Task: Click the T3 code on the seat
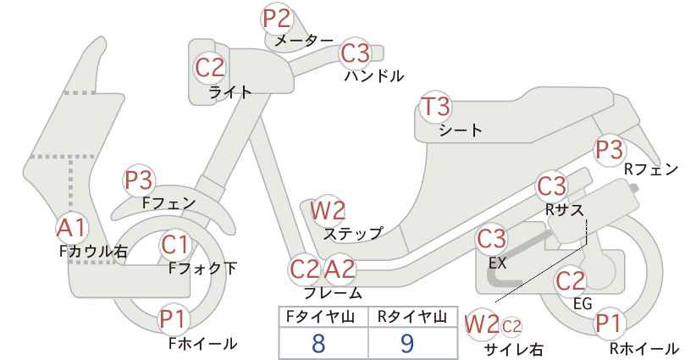[x=436, y=109]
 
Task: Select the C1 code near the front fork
[x=175, y=246]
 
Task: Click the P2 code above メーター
[x=277, y=18]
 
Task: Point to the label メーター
[x=305, y=40]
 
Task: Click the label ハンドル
[x=373, y=75]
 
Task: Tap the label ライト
[x=229, y=92]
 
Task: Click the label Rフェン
[x=651, y=169]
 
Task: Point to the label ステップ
[x=353, y=232]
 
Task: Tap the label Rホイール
[x=645, y=348]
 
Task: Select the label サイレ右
[x=513, y=348]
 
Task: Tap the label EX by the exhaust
[x=497, y=263]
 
